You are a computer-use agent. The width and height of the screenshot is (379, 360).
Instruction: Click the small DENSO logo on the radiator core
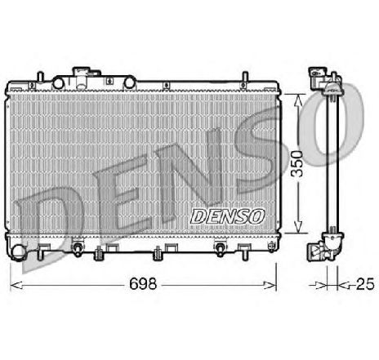point(226,216)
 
